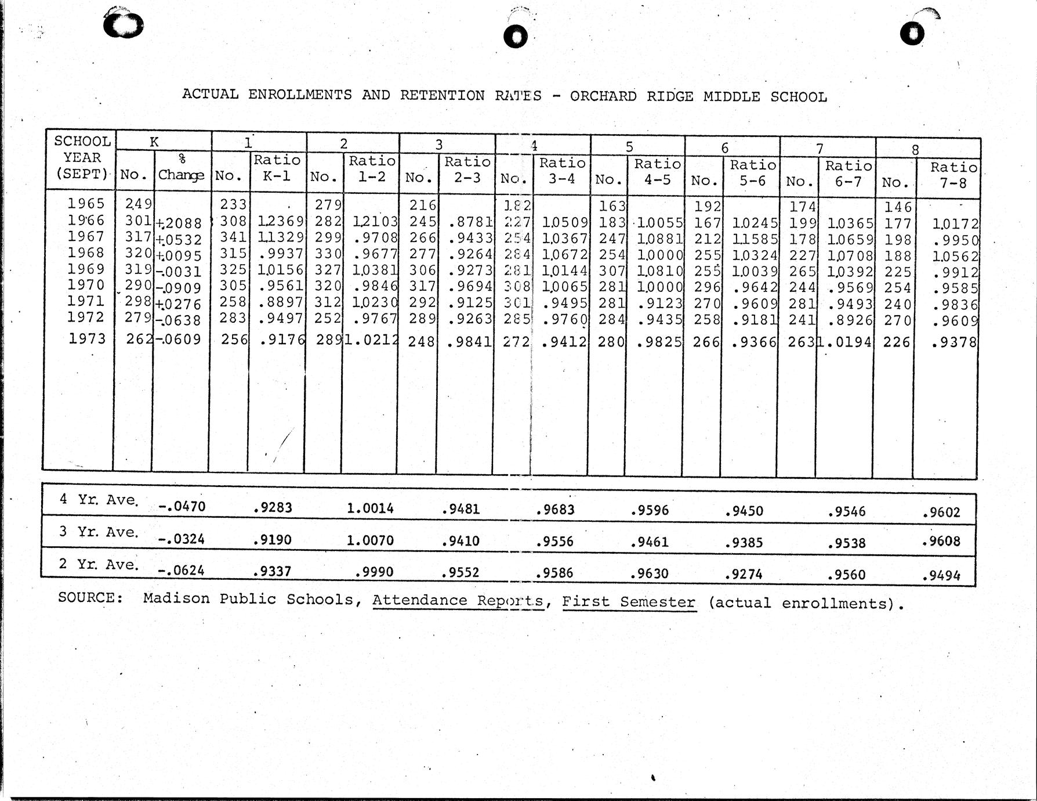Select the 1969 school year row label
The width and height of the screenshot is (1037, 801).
point(86,269)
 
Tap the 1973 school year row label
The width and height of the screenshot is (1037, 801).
point(87,338)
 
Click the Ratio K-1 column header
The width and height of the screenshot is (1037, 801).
point(277,168)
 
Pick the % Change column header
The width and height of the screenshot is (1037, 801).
point(181,167)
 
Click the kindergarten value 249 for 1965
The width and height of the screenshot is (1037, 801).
point(139,203)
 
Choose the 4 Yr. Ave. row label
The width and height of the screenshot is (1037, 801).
point(99,500)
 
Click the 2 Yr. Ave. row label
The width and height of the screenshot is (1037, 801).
point(99,564)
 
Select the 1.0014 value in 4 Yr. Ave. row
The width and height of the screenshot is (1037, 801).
point(370,508)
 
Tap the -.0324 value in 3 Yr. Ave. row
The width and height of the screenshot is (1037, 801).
point(181,539)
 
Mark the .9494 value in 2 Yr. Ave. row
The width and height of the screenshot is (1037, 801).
point(941,576)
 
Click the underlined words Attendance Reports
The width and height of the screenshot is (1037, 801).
point(458,600)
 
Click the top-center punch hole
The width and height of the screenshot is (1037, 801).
point(516,37)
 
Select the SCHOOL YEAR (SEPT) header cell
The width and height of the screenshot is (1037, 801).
point(82,157)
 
